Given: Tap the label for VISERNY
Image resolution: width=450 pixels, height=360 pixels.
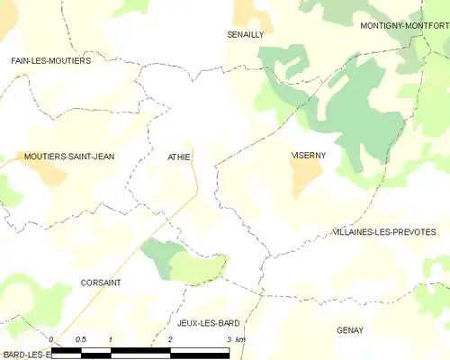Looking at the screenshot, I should [x=308, y=156].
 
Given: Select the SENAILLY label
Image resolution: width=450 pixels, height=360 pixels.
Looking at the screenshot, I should [x=245, y=33].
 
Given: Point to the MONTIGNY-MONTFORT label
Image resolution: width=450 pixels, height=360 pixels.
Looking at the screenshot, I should [x=404, y=26].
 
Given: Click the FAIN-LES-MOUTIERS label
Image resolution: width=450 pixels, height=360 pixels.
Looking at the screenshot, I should [x=51, y=60].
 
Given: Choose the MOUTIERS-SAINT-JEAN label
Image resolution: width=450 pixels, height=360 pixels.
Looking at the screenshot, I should [x=69, y=157].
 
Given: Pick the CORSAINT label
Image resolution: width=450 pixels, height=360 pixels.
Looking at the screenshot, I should [x=101, y=282].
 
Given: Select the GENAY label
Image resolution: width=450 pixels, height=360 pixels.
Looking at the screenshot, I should [x=350, y=330].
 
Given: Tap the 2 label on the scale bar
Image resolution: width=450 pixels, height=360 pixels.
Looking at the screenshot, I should [x=169, y=339].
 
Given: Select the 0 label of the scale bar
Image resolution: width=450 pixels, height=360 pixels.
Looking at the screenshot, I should [x=51, y=339].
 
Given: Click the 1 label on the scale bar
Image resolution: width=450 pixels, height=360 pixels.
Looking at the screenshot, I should [x=109, y=339].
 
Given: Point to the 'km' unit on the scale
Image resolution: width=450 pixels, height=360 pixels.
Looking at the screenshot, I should [x=239, y=339].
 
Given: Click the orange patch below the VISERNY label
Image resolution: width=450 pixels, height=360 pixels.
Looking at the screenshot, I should [x=309, y=178].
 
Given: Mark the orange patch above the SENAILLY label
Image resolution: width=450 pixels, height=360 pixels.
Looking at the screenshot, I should [x=245, y=12].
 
